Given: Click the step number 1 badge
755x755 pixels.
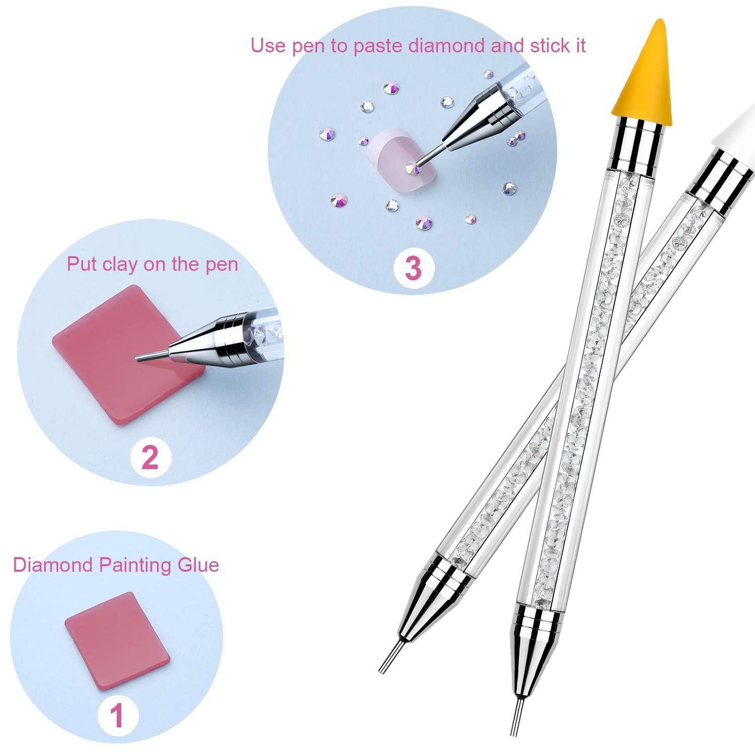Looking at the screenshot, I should click(x=118, y=715).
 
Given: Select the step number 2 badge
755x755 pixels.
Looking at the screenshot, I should click(x=150, y=457).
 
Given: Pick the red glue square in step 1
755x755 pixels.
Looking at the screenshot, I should click(x=117, y=641).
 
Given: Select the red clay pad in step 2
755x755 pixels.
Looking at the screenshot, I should click(x=120, y=355).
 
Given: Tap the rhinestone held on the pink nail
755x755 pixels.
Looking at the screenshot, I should click(x=412, y=168).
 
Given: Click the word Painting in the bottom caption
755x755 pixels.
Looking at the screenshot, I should click(x=135, y=565).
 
